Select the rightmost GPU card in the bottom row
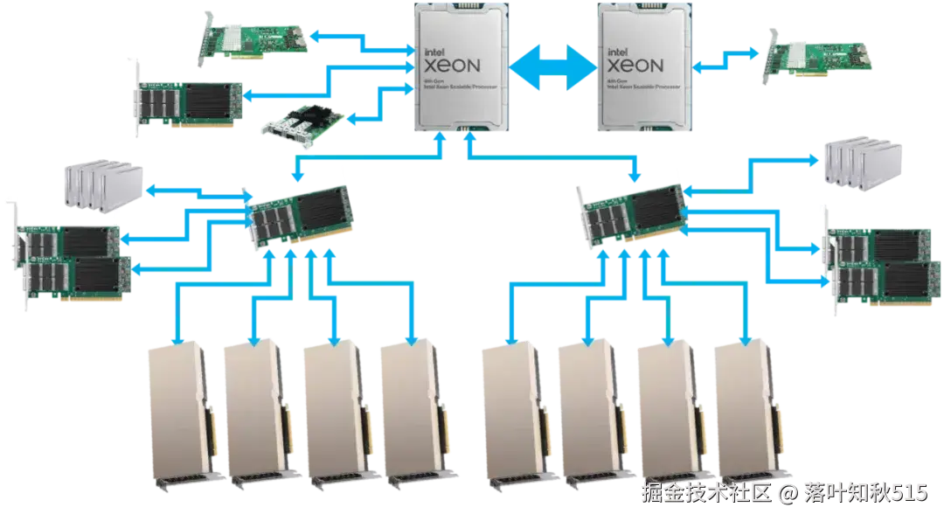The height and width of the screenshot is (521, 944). point(748,411)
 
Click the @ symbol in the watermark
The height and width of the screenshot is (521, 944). point(788,494)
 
